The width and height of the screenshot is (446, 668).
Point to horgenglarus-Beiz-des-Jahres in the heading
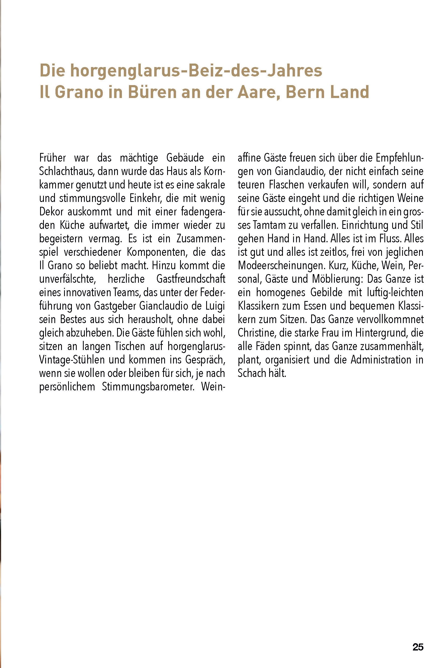pos(196,71)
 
